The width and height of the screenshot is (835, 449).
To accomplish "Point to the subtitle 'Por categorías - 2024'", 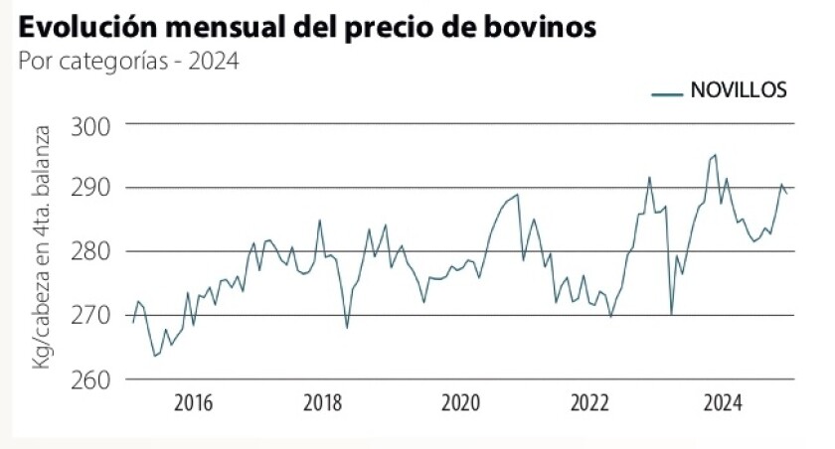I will coord(129,62).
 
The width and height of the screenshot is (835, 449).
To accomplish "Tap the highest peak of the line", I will coord(715,155).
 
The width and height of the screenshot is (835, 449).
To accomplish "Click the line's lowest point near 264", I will coord(155,356).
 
